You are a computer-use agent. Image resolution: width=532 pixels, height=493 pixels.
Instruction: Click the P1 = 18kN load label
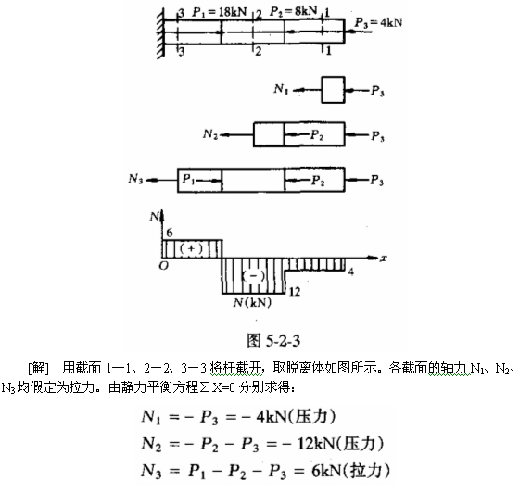pyautogui.click(x=219, y=13)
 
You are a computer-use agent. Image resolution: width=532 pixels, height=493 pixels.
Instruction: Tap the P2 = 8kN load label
pyautogui.click(x=293, y=11)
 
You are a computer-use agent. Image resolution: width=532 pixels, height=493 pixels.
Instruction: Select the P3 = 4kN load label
pyautogui.click(x=378, y=23)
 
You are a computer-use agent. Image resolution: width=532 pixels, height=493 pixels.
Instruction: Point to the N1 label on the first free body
pyautogui.click(x=281, y=89)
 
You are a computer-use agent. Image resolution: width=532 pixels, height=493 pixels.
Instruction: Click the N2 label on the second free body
pyautogui.click(x=210, y=134)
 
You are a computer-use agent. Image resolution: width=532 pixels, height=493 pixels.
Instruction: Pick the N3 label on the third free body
pyautogui.click(x=135, y=179)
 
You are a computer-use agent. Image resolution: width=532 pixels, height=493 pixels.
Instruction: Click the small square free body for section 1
pyautogui.click(x=333, y=90)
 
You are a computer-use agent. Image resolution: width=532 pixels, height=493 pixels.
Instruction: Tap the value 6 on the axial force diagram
pyautogui.click(x=170, y=233)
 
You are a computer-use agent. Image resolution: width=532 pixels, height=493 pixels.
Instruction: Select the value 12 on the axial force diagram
pyautogui.click(x=295, y=292)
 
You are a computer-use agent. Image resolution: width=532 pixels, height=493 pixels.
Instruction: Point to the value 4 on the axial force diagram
pyautogui.click(x=351, y=272)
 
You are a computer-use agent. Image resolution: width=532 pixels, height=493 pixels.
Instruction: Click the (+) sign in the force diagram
pyautogui.click(x=191, y=248)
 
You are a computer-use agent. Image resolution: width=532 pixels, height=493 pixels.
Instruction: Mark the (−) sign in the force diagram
pyautogui.click(x=253, y=275)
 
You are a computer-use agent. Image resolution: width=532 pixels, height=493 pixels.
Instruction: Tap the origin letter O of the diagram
pyautogui.click(x=163, y=266)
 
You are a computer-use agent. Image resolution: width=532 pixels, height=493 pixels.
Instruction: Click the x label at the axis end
pyautogui.click(x=384, y=259)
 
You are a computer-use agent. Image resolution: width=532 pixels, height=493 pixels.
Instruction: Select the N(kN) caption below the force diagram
pyautogui.click(x=252, y=302)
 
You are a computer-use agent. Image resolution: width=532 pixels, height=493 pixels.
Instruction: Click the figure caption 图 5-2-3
pyautogui.click(x=273, y=340)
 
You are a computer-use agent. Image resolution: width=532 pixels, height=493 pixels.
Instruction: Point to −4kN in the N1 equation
pyautogui.click(x=265, y=417)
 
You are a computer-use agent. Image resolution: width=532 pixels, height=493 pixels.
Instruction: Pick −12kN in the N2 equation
pyautogui.click(x=309, y=444)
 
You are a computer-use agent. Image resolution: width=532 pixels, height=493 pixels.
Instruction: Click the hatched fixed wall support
pyautogui.click(x=161, y=33)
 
